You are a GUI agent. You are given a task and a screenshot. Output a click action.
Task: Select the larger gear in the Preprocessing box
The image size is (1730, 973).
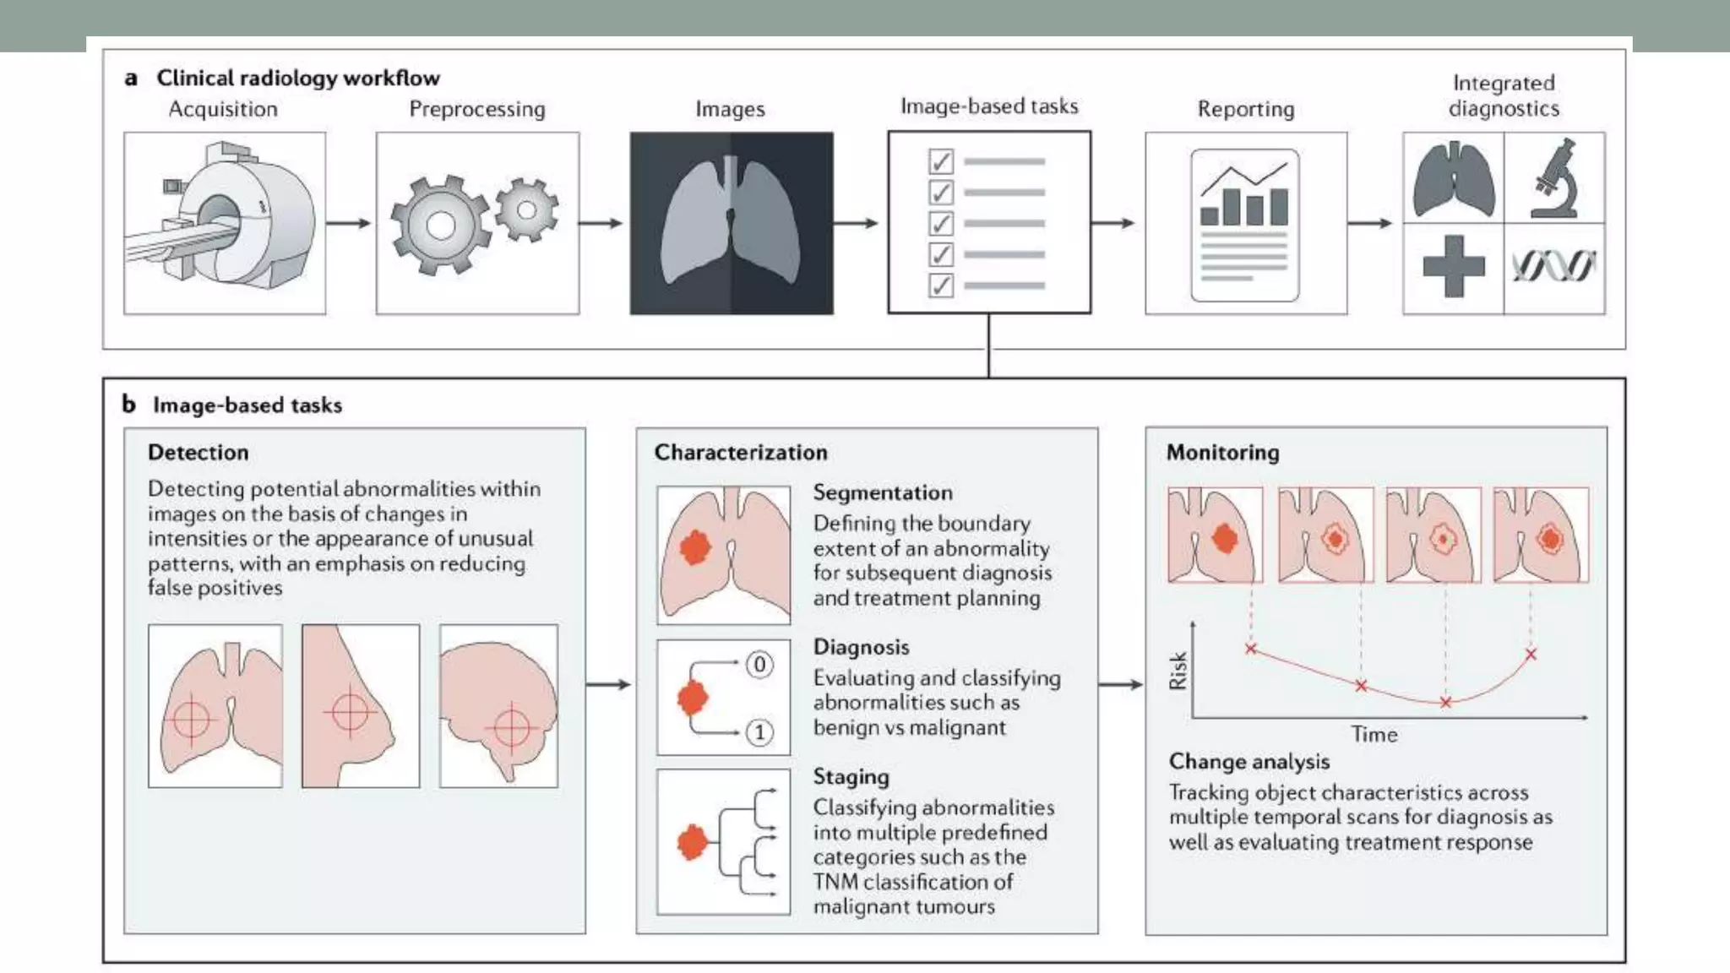pyautogui.click(x=439, y=226)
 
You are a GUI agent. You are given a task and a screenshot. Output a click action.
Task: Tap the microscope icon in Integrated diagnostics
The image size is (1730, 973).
pyautogui.click(x=1555, y=179)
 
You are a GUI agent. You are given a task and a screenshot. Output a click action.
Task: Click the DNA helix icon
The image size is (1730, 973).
pyautogui.click(x=1553, y=267)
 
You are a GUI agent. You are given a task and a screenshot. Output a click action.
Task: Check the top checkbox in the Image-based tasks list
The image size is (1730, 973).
pyautogui.click(x=940, y=161)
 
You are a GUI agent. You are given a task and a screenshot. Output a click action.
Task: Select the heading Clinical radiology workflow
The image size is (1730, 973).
pyautogui.click(x=297, y=78)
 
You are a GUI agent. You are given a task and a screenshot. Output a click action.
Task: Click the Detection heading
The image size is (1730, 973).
pyautogui.click(x=198, y=453)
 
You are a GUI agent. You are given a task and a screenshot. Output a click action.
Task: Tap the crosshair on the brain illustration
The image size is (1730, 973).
pyautogui.click(x=511, y=727)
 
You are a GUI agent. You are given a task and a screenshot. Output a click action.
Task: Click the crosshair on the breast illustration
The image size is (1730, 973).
pyautogui.click(x=350, y=712)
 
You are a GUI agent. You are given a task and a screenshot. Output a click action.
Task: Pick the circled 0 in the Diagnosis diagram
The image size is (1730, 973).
pyautogui.click(x=759, y=665)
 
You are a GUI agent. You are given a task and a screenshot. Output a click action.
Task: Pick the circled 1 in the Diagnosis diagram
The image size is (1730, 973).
pyautogui.click(x=759, y=732)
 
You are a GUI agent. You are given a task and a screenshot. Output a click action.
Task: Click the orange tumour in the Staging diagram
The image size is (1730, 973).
pyautogui.click(x=692, y=842)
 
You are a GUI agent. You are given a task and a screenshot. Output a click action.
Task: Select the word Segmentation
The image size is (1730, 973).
pyautogui.click(x=883, y=492)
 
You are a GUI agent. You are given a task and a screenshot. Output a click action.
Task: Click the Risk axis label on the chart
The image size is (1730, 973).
pyautogui.click(x=1178, y=671)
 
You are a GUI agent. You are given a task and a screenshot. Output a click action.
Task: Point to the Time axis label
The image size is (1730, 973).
pyautogui.click(x=1374, y=735)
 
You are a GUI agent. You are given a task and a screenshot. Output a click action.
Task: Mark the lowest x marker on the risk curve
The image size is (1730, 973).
pyautogui.click(x=1445, y=703)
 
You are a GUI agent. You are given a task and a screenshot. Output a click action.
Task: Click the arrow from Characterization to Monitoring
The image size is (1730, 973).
pyautogui.click(x=1121, y=684)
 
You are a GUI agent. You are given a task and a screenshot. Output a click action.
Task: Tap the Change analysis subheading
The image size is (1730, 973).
pyautogui.click(x=1249, y=762)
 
